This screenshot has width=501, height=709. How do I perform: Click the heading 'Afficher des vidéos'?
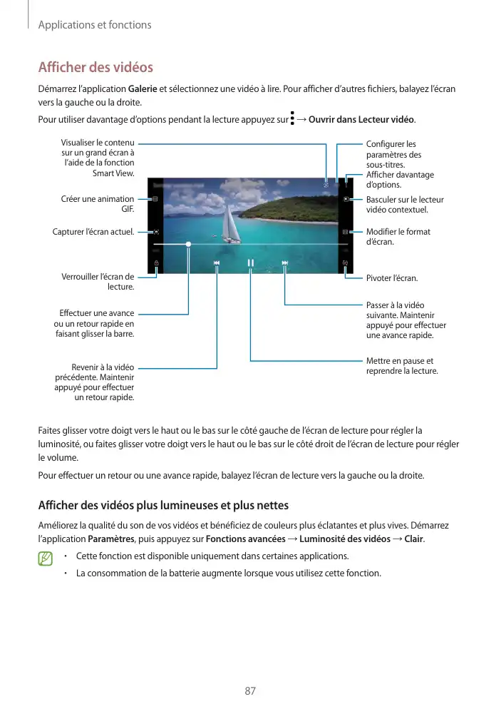click(x=95, y=68)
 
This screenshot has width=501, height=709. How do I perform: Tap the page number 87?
click(x=250, y=690)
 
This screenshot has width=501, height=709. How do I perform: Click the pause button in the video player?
click(x=251, y=263)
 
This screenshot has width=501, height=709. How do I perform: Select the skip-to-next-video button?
click(x=285, y=263)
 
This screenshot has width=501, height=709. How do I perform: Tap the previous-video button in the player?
click(x=217, y=263)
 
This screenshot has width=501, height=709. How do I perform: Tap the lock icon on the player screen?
click(x=156, y=263)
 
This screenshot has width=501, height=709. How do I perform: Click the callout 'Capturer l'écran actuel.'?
click(x=93, y=232)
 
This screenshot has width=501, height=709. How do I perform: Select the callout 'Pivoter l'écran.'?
click(x=392, y=277)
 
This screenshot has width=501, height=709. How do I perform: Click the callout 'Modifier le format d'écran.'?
click(x=398, y=237)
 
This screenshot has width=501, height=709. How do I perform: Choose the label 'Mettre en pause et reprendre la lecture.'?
click(x=401, y=366)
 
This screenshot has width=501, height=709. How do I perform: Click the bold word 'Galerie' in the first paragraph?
click(x=143, y=89)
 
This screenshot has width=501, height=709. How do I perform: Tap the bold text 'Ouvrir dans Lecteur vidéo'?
click(x=365, y=118)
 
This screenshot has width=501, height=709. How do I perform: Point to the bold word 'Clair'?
click(x=413, y=539)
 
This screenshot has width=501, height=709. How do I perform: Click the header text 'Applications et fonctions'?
click(x=95, y=25)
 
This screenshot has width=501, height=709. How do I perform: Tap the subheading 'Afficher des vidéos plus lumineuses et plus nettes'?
click(x=162, y=506)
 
